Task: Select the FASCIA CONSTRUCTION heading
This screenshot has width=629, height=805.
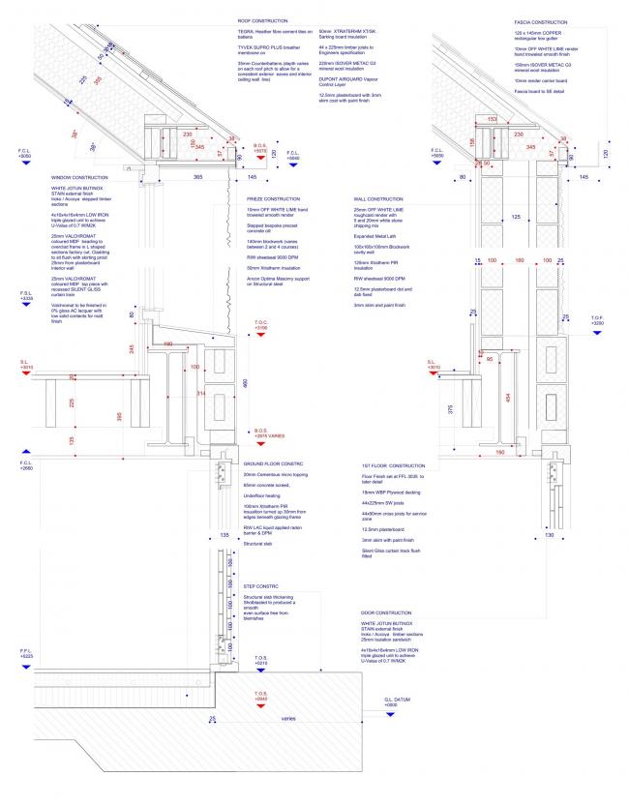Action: point(542,20)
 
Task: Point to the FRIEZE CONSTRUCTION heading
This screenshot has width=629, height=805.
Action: point(274,197)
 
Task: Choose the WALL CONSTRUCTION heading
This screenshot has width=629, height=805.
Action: point(377,197)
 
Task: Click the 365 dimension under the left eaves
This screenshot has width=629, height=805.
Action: point(197,177)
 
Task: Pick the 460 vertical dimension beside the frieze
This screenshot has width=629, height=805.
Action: point(245,384)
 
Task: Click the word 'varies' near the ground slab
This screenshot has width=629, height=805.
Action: point(288,719)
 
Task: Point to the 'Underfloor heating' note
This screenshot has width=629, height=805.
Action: point(262,493)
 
